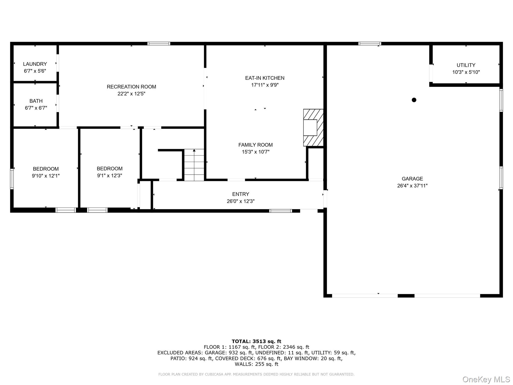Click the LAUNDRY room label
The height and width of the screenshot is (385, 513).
(35, 64)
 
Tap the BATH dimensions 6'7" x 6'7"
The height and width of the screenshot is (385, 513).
(36, 108)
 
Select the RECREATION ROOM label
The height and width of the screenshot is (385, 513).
(131, 87)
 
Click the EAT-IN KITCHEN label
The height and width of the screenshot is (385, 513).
(265, 78)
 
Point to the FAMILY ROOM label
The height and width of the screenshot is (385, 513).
(255, 145)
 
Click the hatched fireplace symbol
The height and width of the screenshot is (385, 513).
(313, 128)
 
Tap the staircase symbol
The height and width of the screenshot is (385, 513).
(194, 165)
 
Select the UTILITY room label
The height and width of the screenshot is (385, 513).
(466, 65)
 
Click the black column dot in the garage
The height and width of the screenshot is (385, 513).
(414, 100)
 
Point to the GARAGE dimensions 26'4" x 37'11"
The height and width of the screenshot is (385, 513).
(412, 186)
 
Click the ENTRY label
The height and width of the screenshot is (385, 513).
(240, 194)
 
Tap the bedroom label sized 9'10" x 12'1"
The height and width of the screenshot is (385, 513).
(46, 169)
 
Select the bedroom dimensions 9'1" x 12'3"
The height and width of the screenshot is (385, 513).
(109, 176)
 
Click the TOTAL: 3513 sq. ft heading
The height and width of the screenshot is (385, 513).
(256, 341)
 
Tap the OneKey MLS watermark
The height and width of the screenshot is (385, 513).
(486, 379)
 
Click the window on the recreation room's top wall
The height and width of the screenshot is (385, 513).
(159, 44)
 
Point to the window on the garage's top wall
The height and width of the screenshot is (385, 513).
(369, 44)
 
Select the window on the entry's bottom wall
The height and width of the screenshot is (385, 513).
(280, 211)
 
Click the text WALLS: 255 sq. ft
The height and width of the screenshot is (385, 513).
(256, 364)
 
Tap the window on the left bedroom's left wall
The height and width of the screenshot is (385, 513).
(12, 179)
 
